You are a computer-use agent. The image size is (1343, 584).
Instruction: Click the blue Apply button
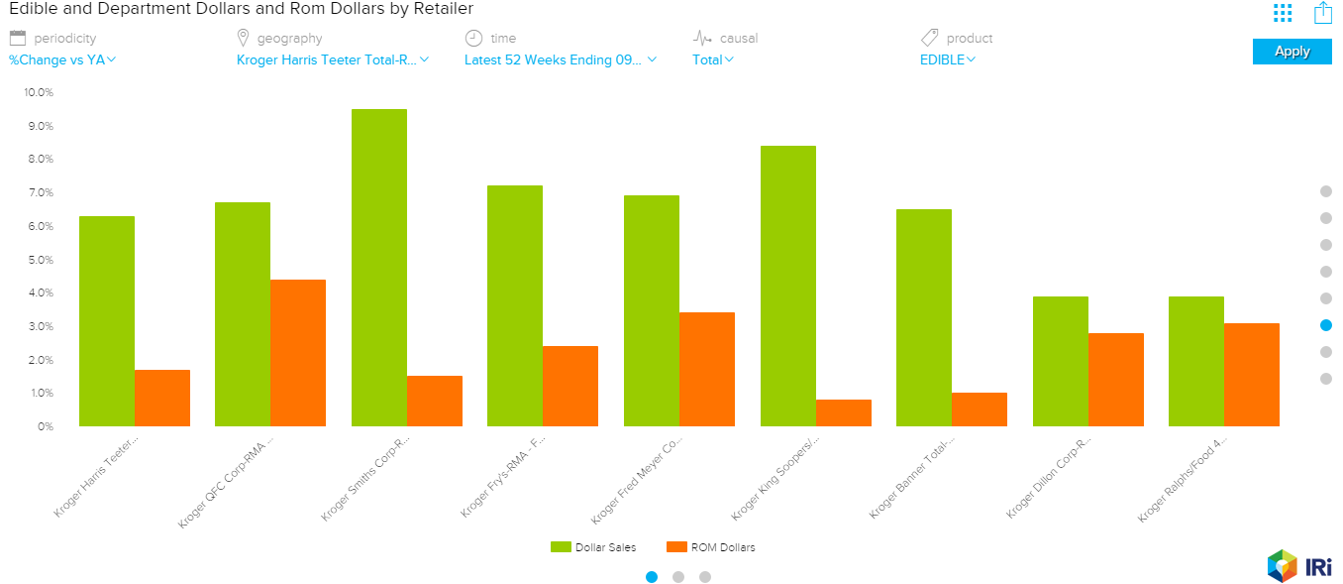coord(1291,52)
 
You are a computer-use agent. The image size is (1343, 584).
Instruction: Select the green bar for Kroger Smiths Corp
coord(379,268)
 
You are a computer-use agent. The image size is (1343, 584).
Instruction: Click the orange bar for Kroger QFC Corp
coord(298,353)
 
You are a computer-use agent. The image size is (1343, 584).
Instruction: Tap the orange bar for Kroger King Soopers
coord(844,412)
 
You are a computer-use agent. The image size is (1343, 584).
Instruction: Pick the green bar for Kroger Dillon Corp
coord(1061,361)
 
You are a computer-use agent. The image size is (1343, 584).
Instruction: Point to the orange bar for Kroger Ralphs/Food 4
coord(1252,375)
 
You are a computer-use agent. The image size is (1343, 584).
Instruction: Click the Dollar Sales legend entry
coord(594,547)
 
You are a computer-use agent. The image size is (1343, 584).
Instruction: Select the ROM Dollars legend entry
coord(711,547)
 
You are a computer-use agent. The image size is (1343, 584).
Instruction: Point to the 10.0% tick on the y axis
coord(38,92)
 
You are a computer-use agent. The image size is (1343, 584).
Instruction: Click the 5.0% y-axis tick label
coord(38,260)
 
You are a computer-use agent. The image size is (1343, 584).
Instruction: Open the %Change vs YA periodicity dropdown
coord(62,59)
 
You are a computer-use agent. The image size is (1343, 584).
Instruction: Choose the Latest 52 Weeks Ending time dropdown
coord(560,59)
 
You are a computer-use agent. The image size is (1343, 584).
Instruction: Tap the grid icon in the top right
coord(1283,13)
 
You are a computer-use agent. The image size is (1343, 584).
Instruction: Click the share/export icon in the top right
coord(1323,13)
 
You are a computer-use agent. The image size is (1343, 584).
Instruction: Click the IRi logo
coord(1299,565)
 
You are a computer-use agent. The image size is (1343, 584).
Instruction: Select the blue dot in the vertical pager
coord(1326,325)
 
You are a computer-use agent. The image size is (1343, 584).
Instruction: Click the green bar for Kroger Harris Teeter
coord(107,321)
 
